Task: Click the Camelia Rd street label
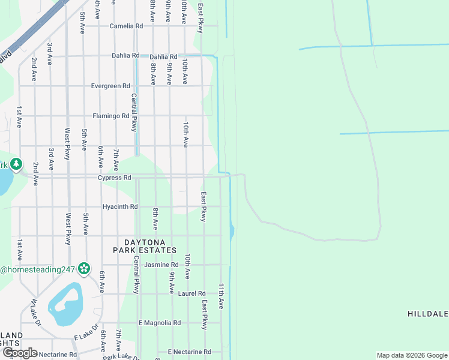coord(126,26)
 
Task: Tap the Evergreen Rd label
coord(110,86)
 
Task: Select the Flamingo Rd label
coord(110,116)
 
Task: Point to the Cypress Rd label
coord(115,178)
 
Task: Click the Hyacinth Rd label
coord(120,207)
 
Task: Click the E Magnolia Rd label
coord(160,323)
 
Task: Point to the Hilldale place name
coord(428,314)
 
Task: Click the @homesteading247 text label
coord(37,270)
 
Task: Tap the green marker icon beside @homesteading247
coord(84,269)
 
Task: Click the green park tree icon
coord(16,164)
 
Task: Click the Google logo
coord(19,353)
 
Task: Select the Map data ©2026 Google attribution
coord(411,355)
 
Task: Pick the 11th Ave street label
coord(221,296)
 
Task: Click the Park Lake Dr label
coord(121,356)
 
